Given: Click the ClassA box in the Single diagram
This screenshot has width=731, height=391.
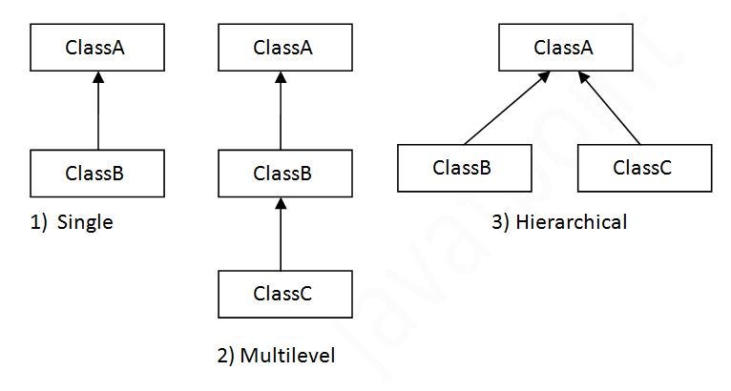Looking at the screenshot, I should coord(95,48).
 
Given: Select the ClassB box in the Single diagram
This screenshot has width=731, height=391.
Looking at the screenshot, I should coord(95,174).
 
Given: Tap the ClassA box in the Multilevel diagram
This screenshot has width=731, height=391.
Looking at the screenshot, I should coord(282,48).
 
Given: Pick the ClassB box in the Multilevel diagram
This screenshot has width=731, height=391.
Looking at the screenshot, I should coord(282,174).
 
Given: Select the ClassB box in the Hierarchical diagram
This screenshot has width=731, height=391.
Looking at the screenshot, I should coord(462,168).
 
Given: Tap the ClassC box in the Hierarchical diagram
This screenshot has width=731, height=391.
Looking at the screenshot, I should coord(643,168).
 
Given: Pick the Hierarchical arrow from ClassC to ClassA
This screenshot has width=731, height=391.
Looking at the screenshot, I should coord(619,113).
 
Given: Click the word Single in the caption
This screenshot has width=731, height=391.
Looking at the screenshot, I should coord(85,223).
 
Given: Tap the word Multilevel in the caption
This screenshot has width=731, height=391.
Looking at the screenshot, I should coord(288,356).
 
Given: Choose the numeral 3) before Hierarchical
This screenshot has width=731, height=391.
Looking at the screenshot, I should coord(502,223).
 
